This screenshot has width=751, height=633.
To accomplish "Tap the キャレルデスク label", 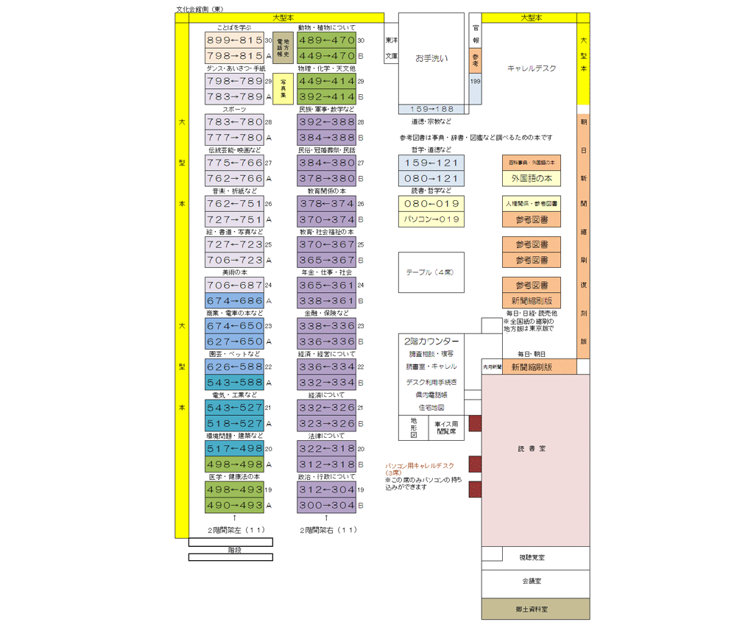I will pos(532,68).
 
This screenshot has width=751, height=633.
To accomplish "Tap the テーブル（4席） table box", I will pos(431,272).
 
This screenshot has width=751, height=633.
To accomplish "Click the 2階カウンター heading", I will pos(431,342).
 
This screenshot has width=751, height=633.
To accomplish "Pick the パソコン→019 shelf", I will pos(431,219).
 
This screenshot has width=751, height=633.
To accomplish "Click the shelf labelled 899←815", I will pos(234,40).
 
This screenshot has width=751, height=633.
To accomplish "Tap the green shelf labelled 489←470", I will pos(326,40).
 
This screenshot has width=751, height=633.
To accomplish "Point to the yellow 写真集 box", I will pos(282,88).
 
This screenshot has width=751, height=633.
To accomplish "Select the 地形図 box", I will pos(413,428).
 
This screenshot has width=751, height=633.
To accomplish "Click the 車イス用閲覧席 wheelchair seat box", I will pos(445,428).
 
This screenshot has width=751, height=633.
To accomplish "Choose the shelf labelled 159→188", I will pos(431,109).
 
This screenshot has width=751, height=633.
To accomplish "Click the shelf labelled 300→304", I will pos(326,506).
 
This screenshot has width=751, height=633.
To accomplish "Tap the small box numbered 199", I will pos(475,82).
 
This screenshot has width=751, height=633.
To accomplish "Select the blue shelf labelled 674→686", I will pos(234,301).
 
